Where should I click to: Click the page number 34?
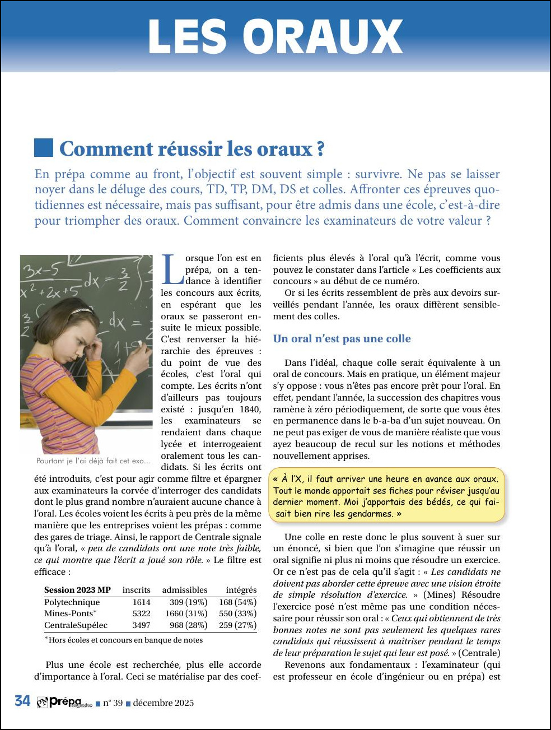point(22,701)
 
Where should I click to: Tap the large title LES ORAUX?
point(275,37)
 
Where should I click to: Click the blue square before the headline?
point(44,148)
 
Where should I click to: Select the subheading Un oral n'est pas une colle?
point(342,338)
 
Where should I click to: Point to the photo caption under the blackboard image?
point(94,461)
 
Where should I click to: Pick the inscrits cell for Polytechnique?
point(141,602)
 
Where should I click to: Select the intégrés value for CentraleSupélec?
point(237,625)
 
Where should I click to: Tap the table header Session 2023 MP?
point(77,590)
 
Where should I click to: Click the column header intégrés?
point(241,590)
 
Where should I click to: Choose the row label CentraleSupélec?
point(76,625)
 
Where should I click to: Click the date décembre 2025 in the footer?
point(163,703)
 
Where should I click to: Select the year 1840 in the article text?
point(250,409)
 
